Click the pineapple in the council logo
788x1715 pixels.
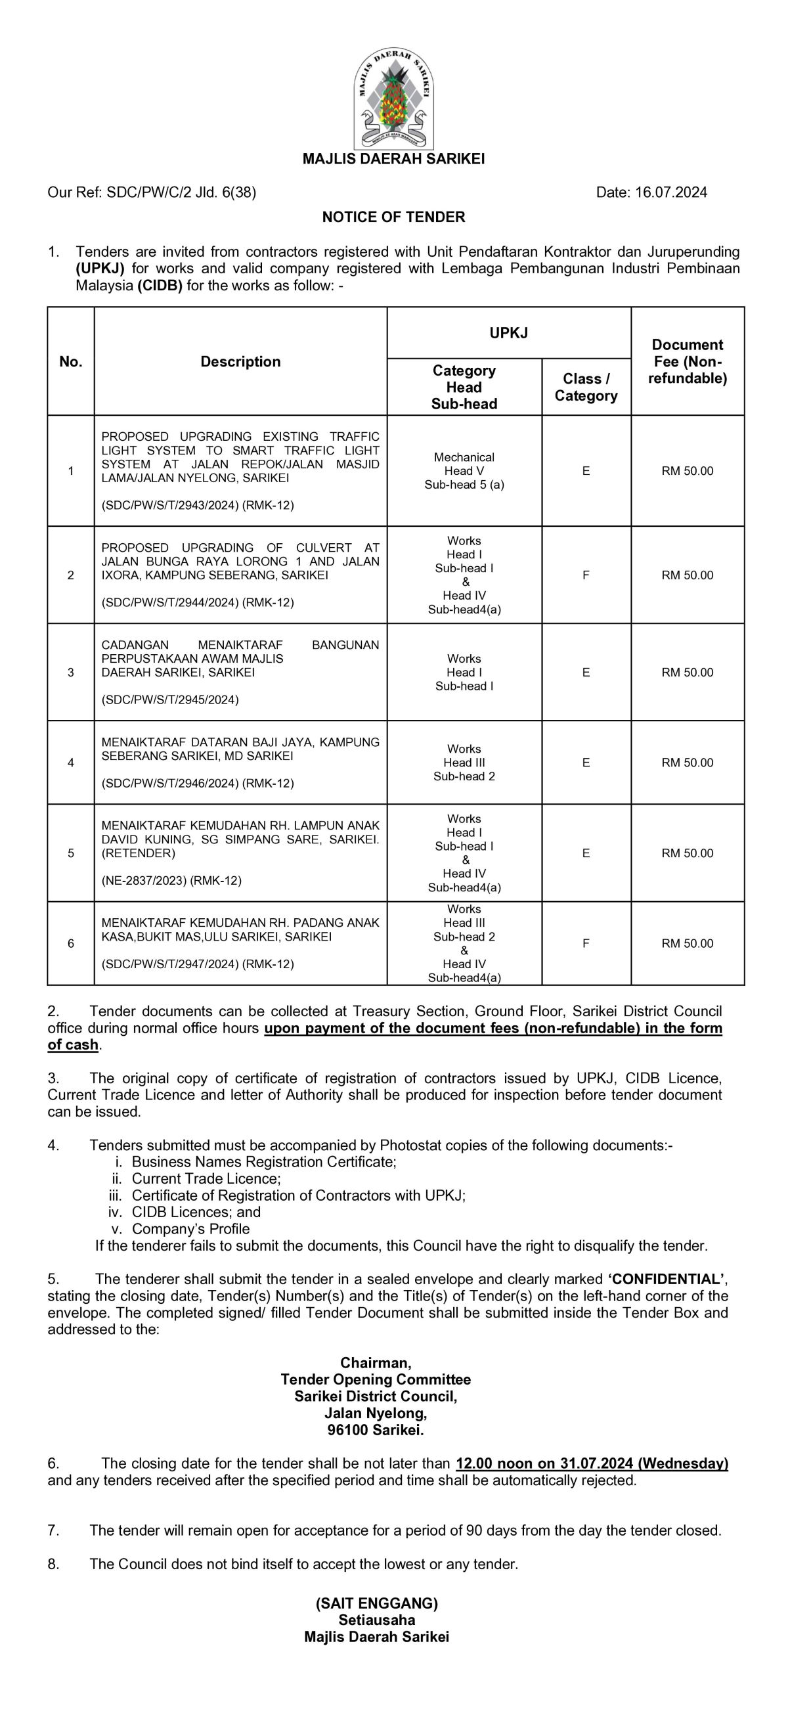(393, 99)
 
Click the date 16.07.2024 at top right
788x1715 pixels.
(671, 192)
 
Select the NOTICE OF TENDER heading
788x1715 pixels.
(393, 217)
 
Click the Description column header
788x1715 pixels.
(240, 361)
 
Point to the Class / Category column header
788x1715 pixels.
(586, 387)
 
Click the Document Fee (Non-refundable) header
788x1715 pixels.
(687, 361)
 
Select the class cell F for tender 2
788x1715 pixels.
(586, 575)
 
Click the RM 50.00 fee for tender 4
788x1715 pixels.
(687, 763)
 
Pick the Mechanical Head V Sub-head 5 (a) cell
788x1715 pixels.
(464, 471)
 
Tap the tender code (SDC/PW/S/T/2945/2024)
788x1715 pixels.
(169, 700)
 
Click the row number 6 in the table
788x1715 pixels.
(70, 943)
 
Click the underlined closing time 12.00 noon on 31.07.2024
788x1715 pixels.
(591, 1463)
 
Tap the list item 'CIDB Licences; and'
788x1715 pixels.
(196, 1212)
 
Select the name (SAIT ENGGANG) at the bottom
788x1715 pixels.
(377, 1603)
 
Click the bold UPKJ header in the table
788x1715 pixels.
(508, 333)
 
